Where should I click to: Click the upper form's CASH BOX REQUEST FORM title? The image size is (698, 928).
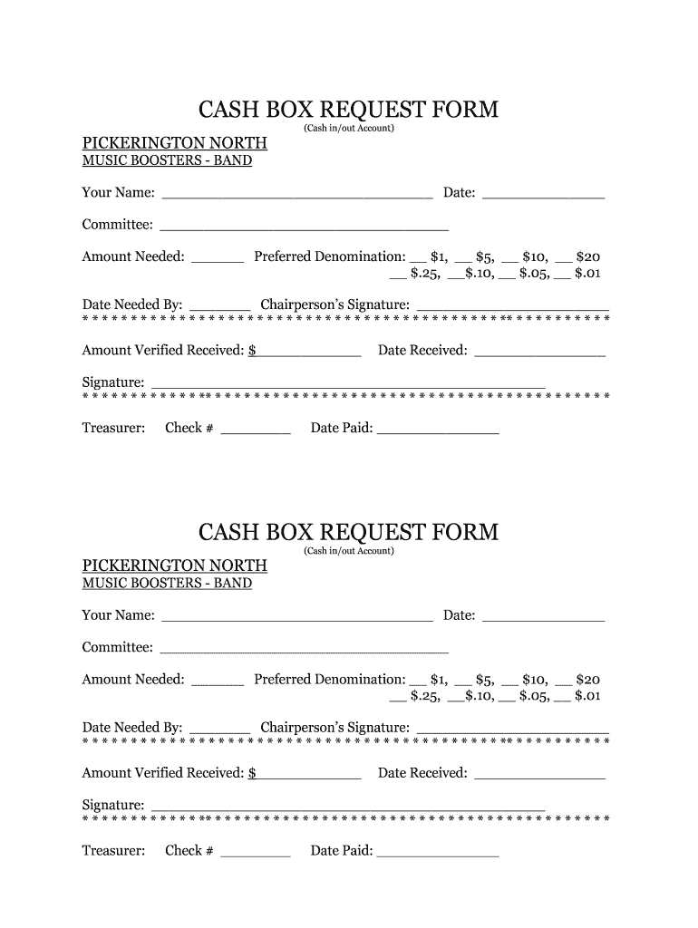[348, 110]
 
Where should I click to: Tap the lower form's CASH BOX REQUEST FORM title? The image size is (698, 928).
[348, 532]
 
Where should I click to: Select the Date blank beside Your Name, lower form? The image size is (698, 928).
[543, 616]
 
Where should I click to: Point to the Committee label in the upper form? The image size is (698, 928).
[117, 225]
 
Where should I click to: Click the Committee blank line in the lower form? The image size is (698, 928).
[304, 648]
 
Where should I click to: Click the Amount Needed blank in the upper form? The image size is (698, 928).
[218, 257]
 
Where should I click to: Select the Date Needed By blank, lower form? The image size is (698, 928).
[219, 728]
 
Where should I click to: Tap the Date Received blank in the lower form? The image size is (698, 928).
[539, 774]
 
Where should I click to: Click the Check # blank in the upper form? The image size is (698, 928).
[256, 429]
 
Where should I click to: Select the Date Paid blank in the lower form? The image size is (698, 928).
[437, 851]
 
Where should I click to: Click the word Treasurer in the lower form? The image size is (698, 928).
[113, 851]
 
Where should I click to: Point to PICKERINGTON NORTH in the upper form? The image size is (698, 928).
[175, 143]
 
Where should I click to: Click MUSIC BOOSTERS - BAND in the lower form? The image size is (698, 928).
[167, 584]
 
